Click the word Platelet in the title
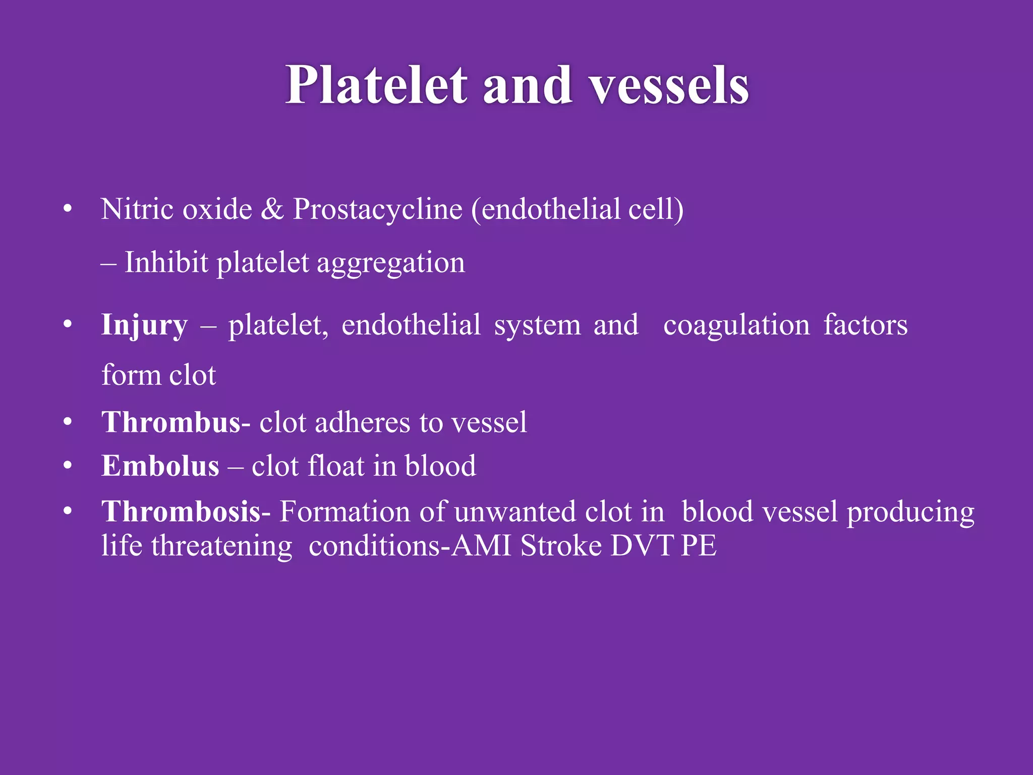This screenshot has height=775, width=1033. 376,86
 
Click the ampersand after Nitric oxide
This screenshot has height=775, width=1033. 272,209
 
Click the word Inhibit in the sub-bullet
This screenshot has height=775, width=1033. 166,262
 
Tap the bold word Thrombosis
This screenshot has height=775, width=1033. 181,512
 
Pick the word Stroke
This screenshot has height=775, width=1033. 561,546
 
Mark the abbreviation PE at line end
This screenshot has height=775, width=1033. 699,546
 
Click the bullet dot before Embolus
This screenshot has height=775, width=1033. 68,465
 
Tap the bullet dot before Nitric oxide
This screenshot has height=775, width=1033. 68,209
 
